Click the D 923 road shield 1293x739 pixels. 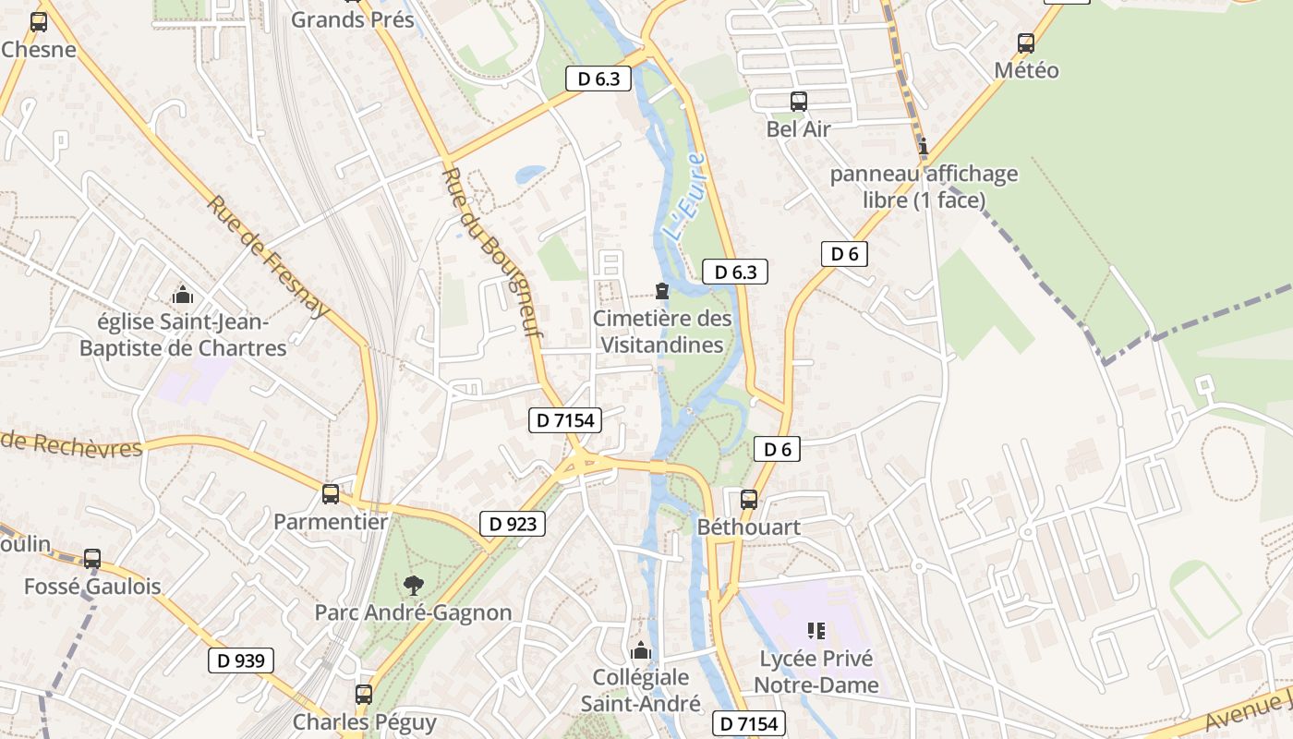click(513, 524)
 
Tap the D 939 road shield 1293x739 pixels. click(240, 660)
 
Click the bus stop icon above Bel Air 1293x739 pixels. click(799, 102)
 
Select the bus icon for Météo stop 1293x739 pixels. click(1025, 42)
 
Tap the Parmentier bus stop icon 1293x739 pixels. click(331, 493)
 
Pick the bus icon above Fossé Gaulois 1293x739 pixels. click(92, 558)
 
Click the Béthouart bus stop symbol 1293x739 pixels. click(748, 500)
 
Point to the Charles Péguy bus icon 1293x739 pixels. click(364, 694)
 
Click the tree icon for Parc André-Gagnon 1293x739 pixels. click(413, 584)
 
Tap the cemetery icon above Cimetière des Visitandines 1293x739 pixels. click(661, 291)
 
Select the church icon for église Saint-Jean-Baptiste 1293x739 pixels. click(183, 296)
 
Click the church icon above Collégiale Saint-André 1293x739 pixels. click(640, 650)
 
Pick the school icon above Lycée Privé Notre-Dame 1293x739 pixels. click(816, 631)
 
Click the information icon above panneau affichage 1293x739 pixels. click(923, 146)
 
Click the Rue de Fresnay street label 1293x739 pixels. click(267, 256)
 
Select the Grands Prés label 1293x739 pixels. click(353, 19)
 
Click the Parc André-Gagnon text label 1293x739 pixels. click(413, 612)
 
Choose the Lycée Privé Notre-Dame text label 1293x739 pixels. click(816, 672)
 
